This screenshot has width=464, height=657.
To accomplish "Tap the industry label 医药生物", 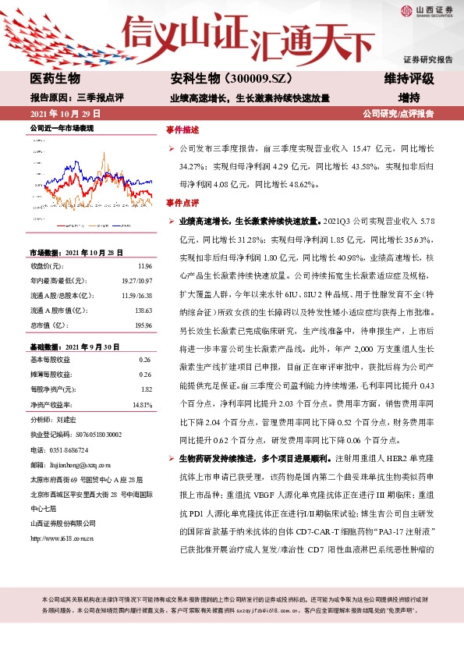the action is coord(55,79).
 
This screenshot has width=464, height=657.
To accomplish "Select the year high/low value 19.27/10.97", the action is coord(136,281).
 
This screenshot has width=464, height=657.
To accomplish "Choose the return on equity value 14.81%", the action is coord(141,405).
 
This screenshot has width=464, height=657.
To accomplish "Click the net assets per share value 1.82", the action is coord(146,389).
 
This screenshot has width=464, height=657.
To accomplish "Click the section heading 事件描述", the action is coord(182,129).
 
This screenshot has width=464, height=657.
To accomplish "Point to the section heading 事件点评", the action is coord(182,203).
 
